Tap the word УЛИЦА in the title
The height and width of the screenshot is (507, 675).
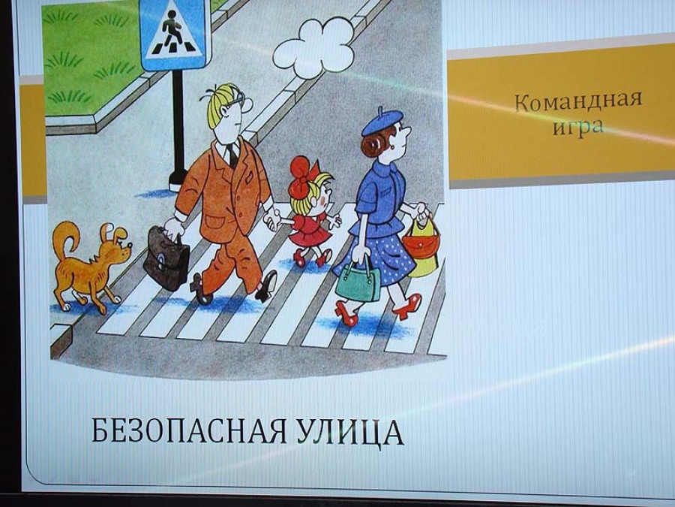coord(350,432)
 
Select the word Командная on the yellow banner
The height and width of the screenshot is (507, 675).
coord(578,101)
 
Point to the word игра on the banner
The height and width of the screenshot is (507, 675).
coord(578,127)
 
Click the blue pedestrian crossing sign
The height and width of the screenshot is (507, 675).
coord(175,34)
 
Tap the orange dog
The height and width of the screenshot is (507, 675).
coord(91,264)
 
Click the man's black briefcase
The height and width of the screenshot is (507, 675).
coord(166,258)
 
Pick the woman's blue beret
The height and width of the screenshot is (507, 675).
coord(382,121)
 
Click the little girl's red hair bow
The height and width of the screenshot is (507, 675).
coord(303,177)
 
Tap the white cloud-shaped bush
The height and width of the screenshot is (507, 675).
coord(313,49)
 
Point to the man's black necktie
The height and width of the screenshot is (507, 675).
coord(232,155)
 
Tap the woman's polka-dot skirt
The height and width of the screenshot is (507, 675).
coord(378,258)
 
